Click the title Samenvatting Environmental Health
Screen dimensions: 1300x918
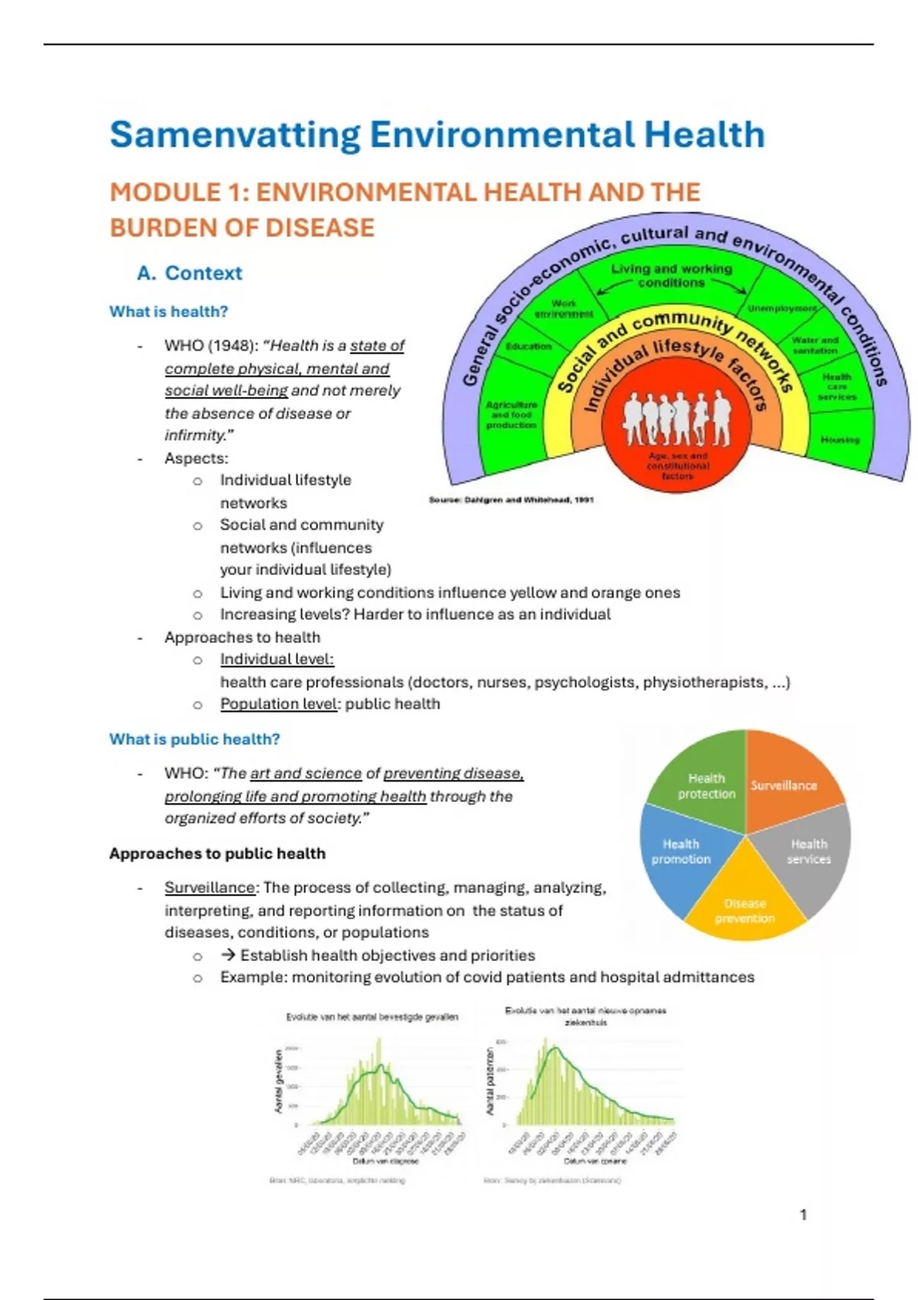(x=437, y=135)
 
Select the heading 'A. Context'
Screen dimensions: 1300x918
(x=189, y=273)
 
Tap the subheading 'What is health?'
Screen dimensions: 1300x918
(x=168, y=311)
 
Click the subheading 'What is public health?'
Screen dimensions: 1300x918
(x=194, y=739)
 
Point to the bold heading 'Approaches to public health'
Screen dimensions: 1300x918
(x=217, y=853)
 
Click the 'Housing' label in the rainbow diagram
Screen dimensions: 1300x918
(x=840, y=440)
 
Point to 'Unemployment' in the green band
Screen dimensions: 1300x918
(x=782, y=308)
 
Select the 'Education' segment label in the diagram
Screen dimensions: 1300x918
(x=529, y=346)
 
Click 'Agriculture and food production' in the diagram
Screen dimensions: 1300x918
(x=511, y=414)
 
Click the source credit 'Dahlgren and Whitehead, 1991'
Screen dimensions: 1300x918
(x=511, y=499)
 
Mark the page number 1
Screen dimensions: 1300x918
(x=803, y=1214)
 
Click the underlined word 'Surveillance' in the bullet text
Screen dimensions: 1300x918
(x=210, y=887)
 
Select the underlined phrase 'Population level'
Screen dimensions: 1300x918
(x=278, y=704)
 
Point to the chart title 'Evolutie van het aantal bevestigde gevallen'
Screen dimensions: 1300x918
(x=372, y=1016)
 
